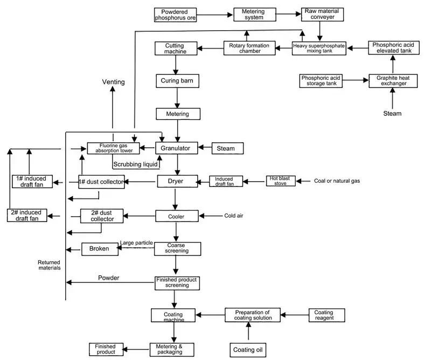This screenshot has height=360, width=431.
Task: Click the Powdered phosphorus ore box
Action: click(x=175, y=15)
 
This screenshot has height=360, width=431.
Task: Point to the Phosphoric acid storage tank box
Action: click(x=321, y=81)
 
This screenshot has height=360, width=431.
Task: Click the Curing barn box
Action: click(x=177, y=81)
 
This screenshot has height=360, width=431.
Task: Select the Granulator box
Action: click(x=177, y=148)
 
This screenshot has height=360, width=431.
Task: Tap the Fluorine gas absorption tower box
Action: click(x=113, y=148)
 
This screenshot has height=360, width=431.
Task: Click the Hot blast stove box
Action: click(x=281, y=181)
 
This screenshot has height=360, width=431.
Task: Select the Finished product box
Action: click(x=106, y=349)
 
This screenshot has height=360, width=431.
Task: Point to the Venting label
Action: click(x=113, y=82)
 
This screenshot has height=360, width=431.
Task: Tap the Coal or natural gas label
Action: click(x=337, y=181)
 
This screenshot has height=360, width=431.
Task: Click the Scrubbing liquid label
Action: click(x=135, y=164)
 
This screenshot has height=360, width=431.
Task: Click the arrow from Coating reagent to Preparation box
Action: click(x=295, y=315)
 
